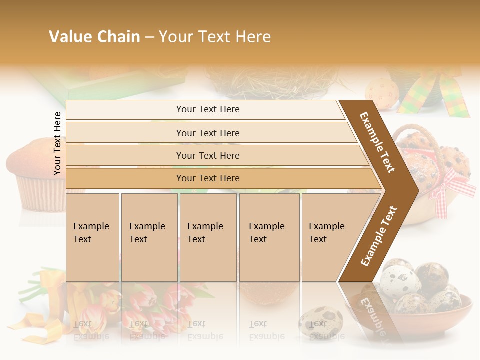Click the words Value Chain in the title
point(94,37)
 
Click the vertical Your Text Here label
point(57,144)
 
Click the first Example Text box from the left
point(92,237)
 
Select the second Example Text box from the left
point(149,237)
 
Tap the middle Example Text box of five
point(208,237)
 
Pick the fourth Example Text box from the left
point(269,237)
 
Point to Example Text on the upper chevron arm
point(377,142)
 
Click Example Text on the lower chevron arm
point(378,236)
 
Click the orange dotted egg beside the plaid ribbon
point(382,92)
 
